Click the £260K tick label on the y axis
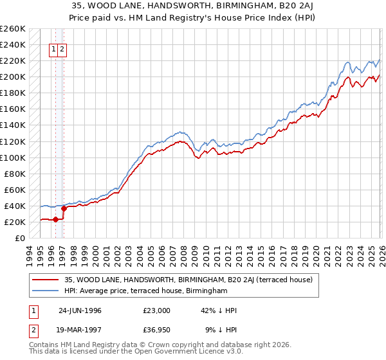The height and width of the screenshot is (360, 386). pyautogui.click(x=13, y=29)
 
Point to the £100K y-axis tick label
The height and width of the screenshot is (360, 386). pyautogui.click(x=13, y=157)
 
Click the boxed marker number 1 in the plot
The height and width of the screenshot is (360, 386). pyautogui.click(x=54, y=49)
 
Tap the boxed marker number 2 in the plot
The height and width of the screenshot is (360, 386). pyautogui.click(x=62, y=49)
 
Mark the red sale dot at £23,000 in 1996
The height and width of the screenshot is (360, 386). pyautogui.click(x=56, y=219)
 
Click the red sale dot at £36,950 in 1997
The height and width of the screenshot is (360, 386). pyautogui.click(x=64, y=208)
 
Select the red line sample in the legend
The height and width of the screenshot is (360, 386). pyautogui.click(x=47, y=280)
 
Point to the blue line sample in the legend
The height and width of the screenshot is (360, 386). pyautogui.click(x=47, y=291)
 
